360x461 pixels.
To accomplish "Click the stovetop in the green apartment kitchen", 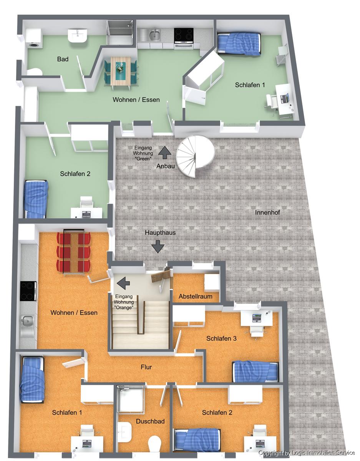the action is (x=184, y=34).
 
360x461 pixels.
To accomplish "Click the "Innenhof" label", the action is (x=267, y=212).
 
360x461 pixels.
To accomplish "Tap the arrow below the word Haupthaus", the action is (x=158, y=246).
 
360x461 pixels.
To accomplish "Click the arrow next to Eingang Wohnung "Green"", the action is (x=165, y=152).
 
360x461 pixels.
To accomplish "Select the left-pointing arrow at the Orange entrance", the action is (x=123, y=283).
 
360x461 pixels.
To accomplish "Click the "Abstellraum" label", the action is (x=196, y=296).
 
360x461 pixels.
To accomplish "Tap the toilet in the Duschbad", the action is (x=155, y=444).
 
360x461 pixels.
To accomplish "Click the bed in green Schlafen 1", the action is (x=239, y=44).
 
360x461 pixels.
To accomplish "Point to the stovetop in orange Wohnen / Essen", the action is (x=28, y=291).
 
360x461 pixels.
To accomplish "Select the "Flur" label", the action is (x=146, y=367).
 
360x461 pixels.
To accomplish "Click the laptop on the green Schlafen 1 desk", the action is (x=285, y=98).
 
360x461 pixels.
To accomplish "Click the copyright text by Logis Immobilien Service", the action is (x=306, y=453).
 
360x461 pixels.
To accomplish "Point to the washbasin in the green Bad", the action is (x=78, y=35).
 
